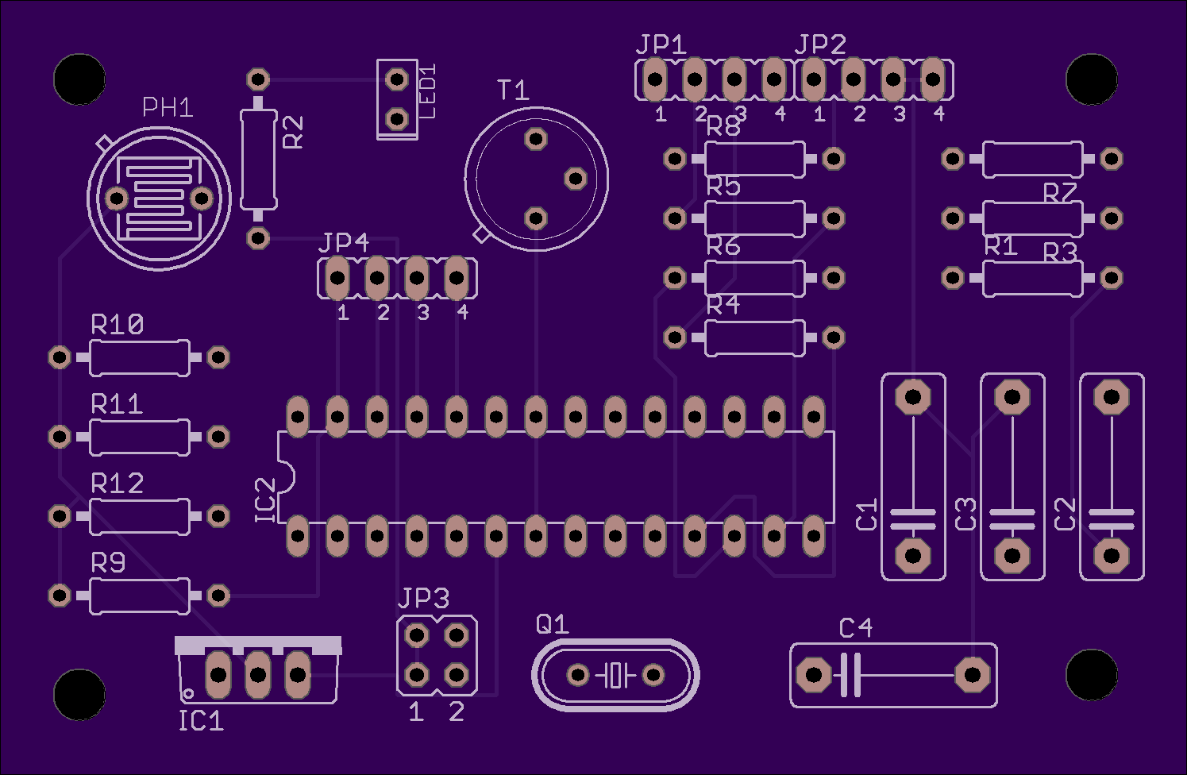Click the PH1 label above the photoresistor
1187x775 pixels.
pos(168,108)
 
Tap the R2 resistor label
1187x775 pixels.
pos(293,133)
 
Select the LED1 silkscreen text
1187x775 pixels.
pos(427,91)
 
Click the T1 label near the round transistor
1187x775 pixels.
pos(513,90)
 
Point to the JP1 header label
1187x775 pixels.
pos(661,44)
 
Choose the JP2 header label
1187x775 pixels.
pos(820,44)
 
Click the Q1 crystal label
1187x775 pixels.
pos(552,624)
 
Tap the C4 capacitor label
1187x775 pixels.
pos(856,628)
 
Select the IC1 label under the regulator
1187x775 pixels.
pos(201,721)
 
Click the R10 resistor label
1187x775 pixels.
pos(117,325)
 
